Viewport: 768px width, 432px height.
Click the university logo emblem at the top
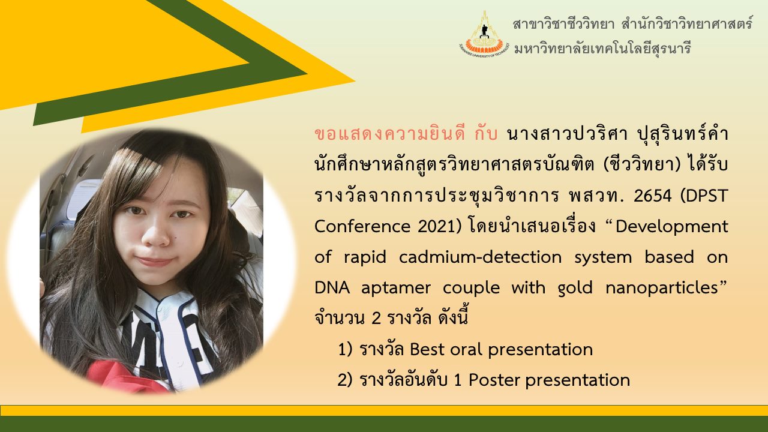(484, 34)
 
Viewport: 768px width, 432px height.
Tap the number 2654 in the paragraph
(653, 196)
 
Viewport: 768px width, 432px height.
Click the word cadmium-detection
(481, 257)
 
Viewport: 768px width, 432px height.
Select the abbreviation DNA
(332, 288)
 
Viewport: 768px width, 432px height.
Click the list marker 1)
(345, 350)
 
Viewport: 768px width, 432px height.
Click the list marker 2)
(345, 380)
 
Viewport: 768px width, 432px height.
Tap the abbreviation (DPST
(704, 196)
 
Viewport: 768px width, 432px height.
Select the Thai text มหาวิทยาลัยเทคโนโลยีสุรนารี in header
(602, 49)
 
